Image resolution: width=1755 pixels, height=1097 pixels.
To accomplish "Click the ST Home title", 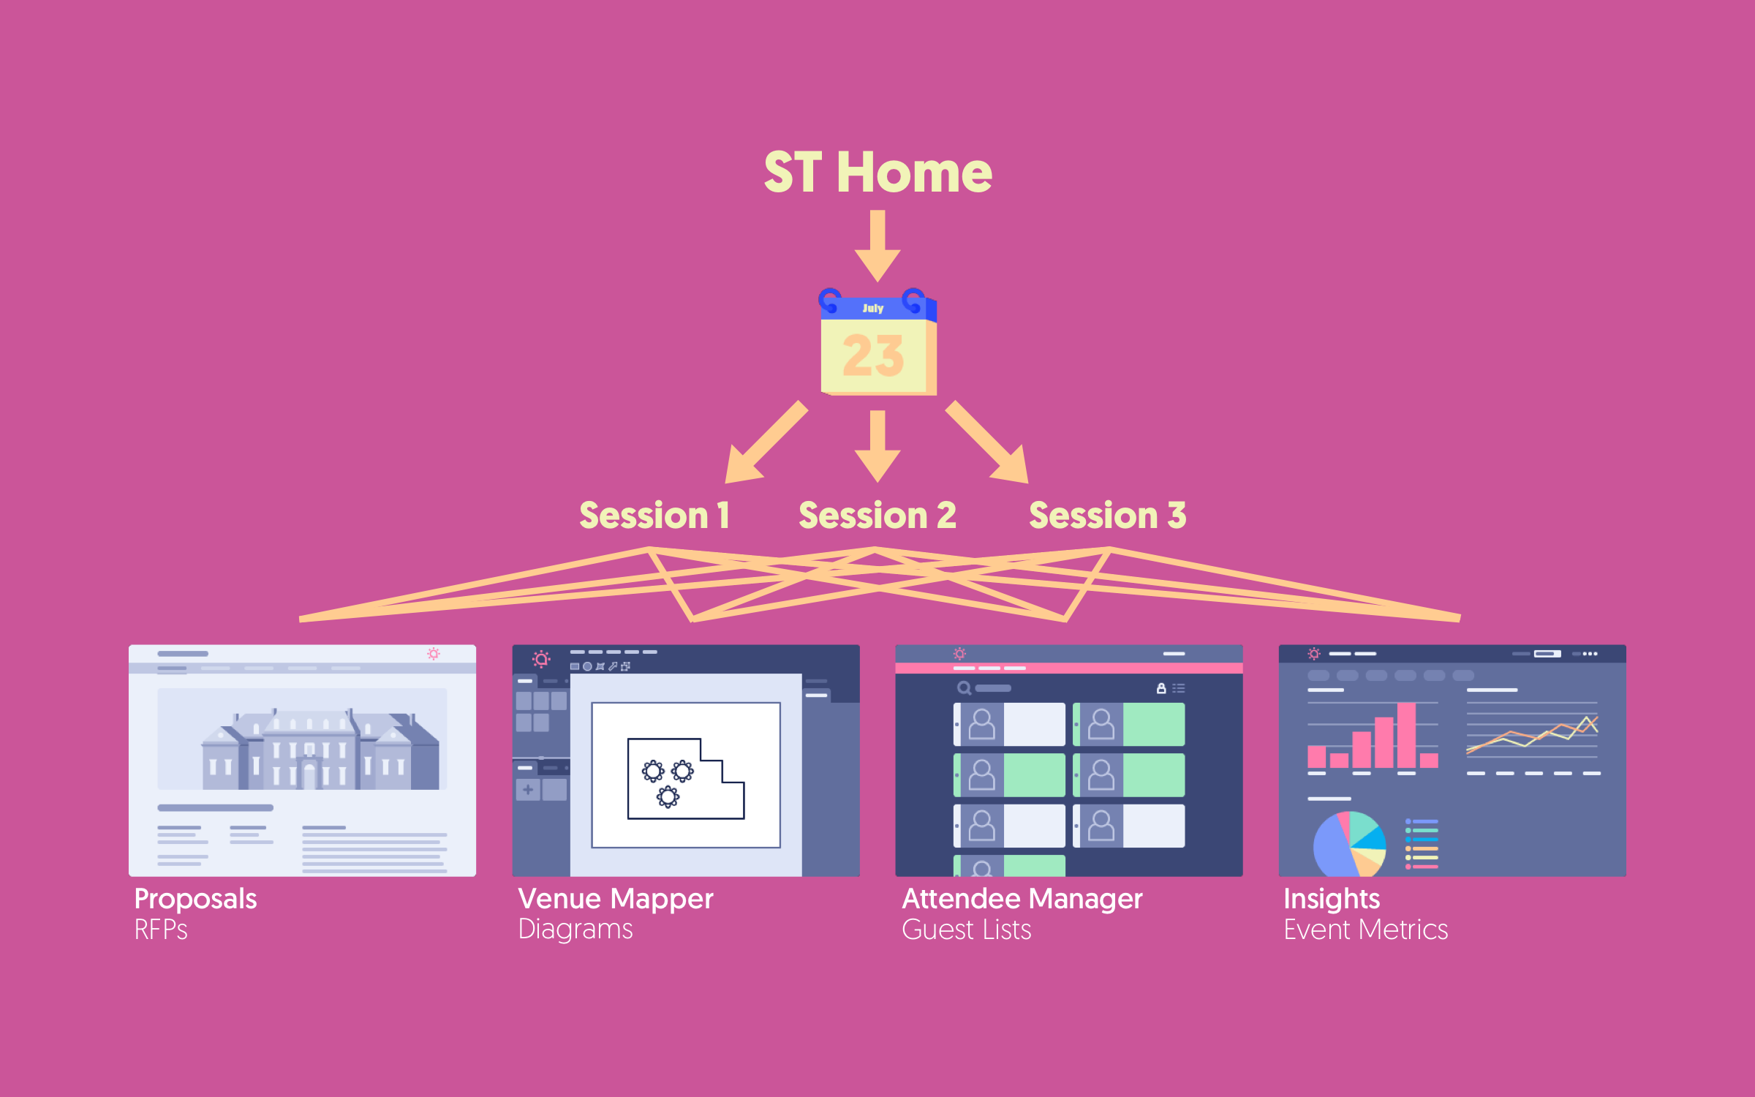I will [x=877, y=173].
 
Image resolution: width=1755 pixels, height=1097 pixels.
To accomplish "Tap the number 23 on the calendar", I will [x=873, y=356].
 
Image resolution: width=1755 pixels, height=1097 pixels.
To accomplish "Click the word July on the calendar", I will [x=872, y=309].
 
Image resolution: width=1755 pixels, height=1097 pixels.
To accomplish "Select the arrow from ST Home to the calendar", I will [x=877, y=245].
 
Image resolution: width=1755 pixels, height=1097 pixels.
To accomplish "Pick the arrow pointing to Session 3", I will [x=990, y=445].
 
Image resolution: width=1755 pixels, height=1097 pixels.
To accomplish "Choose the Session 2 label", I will [x=877, y=516].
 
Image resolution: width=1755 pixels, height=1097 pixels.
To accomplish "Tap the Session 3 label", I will [x=1107, y=516].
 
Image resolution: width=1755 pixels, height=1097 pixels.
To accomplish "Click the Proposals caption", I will [x=195, y=899].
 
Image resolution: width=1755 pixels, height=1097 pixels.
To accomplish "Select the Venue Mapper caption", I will [x=615, y=899].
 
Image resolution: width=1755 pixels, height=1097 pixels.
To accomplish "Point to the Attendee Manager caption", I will [x=1022, y=899].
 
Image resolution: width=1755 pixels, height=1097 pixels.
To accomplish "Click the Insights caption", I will [x=1332, y=899].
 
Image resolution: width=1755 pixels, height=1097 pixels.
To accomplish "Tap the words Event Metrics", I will [x=1365, y=930].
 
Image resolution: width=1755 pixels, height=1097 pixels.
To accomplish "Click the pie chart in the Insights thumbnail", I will [x=1349, y=845].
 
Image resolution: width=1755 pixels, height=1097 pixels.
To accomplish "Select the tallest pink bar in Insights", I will [x=1406, y=734].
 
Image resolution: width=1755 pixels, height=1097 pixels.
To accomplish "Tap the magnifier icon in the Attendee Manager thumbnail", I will [x=964, y=688].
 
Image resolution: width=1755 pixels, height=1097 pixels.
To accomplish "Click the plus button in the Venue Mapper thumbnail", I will [x=527, y=790].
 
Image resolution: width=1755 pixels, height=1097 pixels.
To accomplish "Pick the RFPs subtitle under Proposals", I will [x=161, y=930].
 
